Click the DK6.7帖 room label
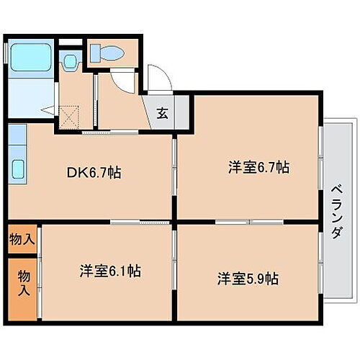[94, 173]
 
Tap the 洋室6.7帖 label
[258, 167]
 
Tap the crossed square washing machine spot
[69, 115]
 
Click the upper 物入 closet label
[21, 238]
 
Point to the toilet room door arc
[124, 81]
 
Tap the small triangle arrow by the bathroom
[46, 110]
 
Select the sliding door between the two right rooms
[248, 221]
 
